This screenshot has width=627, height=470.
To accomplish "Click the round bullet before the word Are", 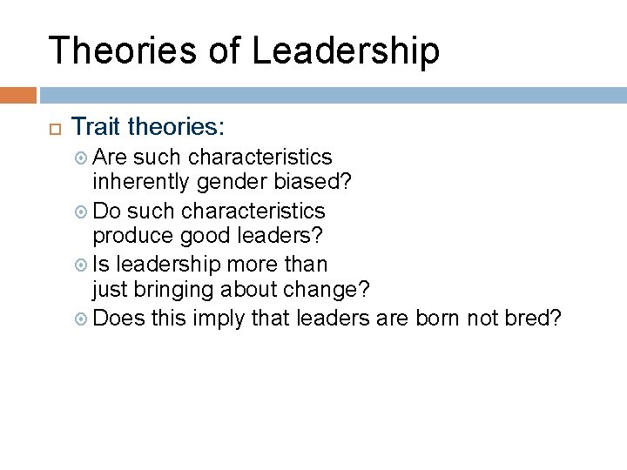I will (82, 158).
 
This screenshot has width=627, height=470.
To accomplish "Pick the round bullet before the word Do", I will (82, 211).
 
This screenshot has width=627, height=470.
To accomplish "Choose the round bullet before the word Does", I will (82, 319).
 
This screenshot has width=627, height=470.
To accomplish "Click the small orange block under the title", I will (17, 94).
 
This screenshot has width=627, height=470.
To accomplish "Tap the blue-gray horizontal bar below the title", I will (331, 94).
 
